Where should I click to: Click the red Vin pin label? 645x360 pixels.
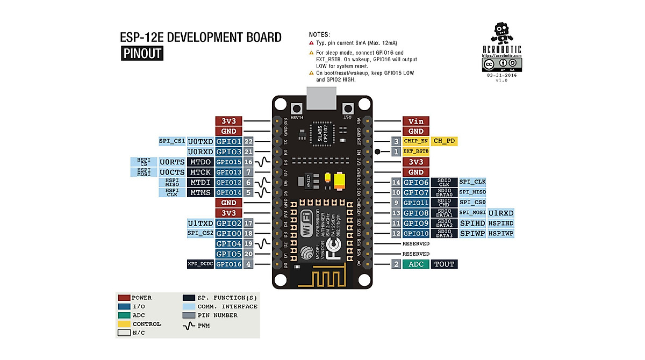tap(415, 121)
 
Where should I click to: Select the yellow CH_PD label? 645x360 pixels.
tap(445, 141)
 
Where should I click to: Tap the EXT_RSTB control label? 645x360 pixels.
tap(415, 152)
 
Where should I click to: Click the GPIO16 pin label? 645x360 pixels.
tap(228, 264)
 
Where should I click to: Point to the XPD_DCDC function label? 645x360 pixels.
tap(200, 264)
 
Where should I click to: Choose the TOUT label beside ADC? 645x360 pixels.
tap(445, 264)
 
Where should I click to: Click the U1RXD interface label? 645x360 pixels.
tap(500, 213)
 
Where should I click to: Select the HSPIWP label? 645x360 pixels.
tap(500, 234)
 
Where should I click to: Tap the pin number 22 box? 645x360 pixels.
tap(248, 141)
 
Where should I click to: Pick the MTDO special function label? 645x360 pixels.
tap(200, 162)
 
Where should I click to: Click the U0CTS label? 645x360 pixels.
tap(172, 172)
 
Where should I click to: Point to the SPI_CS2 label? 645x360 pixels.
tap(200, 233)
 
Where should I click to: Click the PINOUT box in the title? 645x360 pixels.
tap(141, 54)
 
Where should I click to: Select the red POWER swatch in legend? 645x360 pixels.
tap(124, 298)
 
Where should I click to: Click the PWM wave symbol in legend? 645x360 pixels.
tap(188, 324)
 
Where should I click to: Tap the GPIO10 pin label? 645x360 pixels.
tap(415, 234)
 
